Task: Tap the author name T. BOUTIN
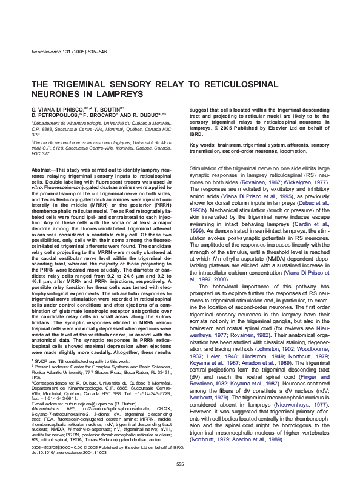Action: coord(107,107)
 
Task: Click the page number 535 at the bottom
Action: coord(179,464)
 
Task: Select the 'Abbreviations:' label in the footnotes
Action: coord(46,408)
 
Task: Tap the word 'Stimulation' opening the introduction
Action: coord(206,167)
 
